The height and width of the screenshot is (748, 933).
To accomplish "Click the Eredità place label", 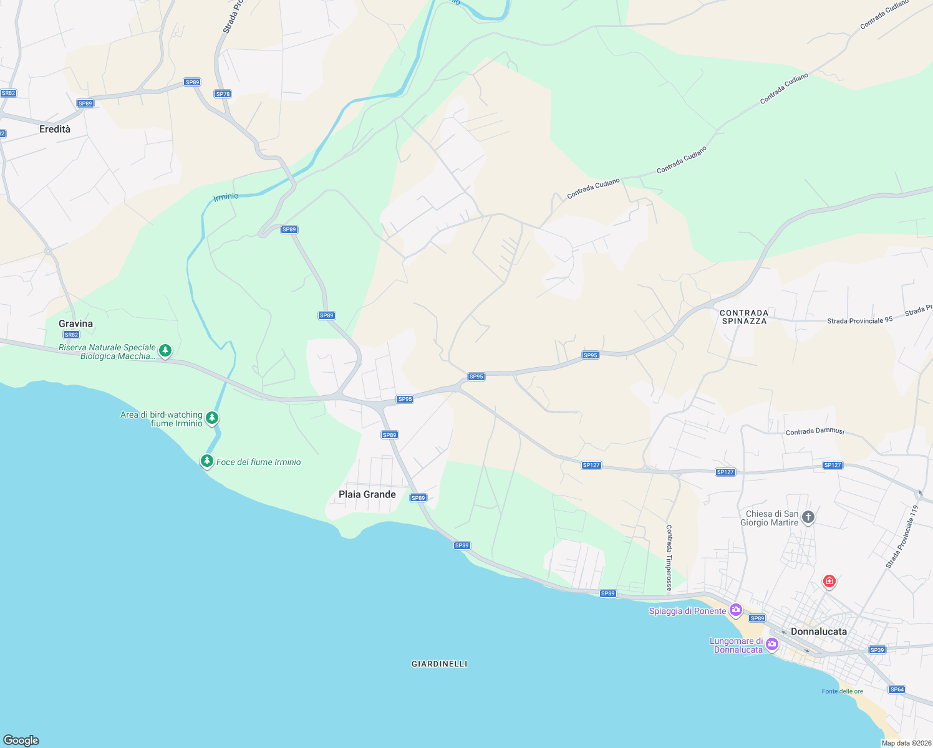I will click(55, 129).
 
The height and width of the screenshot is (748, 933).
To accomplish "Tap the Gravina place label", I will click(75, 324).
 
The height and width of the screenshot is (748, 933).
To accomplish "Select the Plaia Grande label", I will click(367, 494).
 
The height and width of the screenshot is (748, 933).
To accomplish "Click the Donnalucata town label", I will click(818, 631).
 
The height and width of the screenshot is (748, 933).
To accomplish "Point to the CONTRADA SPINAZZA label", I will click(744, 317).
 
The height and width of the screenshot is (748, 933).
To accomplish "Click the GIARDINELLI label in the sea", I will click(439, 664).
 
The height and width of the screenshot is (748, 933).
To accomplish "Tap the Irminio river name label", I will click(226, 197).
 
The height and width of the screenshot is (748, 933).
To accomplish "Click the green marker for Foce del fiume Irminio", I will click(206, 461).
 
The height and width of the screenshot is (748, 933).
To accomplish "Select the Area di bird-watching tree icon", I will click(212, 418).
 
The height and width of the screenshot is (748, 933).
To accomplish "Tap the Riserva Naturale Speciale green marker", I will click(165, 350).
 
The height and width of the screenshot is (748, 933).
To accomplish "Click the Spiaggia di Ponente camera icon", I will click(736, 610).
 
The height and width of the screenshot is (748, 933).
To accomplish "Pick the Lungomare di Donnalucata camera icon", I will click(772, 644).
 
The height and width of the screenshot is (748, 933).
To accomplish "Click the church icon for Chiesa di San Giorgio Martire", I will click(808, 517).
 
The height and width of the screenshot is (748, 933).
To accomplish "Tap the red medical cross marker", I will click(829, 581).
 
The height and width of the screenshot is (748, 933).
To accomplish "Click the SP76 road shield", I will click(223, 94).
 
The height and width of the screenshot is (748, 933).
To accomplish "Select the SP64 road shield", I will click(897, 689).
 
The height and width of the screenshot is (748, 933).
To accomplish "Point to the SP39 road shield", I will click(877, 650).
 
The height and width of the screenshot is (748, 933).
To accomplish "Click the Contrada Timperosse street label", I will click(669, 557).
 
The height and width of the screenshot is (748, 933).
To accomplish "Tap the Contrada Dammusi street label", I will click(815, 431).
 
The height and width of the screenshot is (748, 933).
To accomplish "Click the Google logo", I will click(21, 740).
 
